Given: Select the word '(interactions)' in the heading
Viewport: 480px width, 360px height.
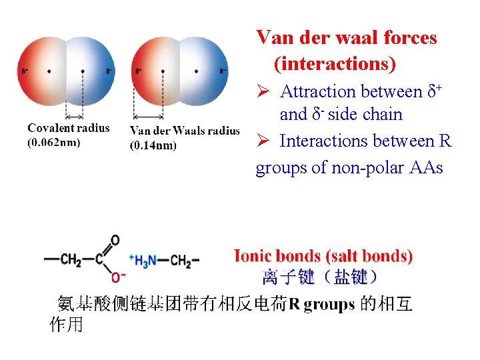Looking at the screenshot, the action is [334, 64].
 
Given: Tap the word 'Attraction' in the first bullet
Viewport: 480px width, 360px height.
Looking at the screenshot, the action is [318, 91].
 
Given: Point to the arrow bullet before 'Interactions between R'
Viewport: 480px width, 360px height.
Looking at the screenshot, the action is [263, 141].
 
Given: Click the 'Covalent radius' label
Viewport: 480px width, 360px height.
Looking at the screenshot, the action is [69, 128].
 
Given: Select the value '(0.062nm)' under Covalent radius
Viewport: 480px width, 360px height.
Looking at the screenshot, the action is [54, 143].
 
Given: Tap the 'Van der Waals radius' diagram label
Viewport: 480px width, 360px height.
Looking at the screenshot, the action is [185, 131].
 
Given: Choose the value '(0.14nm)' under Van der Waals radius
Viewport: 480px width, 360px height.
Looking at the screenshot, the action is [153, 145].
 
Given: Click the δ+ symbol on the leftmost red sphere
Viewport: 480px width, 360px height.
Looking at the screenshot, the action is [25, 71].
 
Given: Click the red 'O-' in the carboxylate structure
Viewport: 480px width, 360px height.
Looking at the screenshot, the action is [118, 276].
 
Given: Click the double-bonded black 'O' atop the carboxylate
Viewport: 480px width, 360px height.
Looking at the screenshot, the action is [115, 240].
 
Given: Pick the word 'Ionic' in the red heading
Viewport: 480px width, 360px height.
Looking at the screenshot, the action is [253, 256].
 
